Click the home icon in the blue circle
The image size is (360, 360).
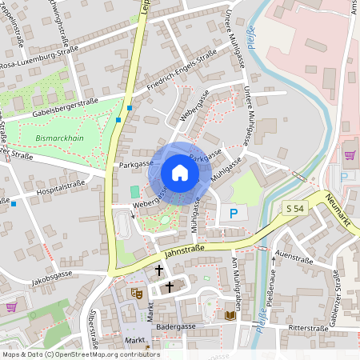179,173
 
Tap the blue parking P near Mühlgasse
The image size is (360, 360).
234,214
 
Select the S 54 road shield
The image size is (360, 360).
295,208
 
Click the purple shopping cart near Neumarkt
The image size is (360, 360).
349,155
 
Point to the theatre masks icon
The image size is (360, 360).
137,294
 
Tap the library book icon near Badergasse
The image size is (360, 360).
230,315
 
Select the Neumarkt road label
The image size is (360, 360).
342,208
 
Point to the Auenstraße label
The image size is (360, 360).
292,258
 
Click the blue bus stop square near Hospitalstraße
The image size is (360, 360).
14,203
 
